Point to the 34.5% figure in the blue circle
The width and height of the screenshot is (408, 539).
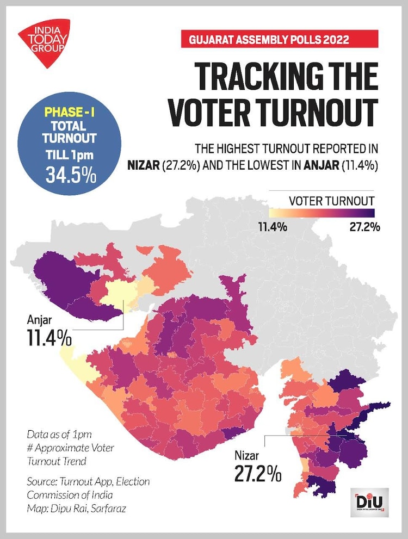point(70,177)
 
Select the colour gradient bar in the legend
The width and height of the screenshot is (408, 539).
point(324,213)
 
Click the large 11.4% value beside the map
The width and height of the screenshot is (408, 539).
point(48,337)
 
